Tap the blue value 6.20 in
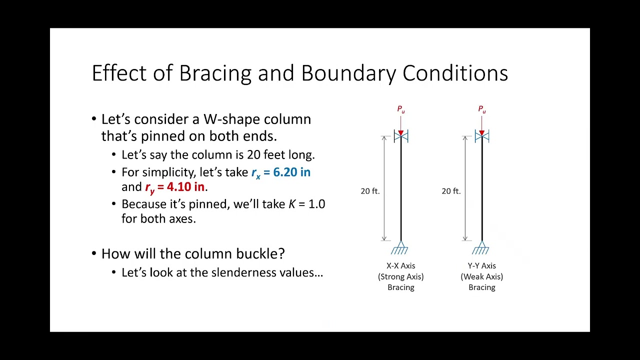tap(291, 172)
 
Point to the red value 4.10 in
tap(185, 187)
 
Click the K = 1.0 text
tap(306, 204)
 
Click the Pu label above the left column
tap(400, 109)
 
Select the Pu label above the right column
tap(481, 109)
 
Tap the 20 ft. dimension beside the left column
tap(370, 191)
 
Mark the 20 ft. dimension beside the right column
tap(451, 191)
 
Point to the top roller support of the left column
tap(400, 136)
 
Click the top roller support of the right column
tap(481, 136)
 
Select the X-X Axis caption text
tap(400, 265)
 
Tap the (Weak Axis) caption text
tap(481, 276)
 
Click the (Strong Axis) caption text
tap(400, 276)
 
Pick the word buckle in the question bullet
tap(262, 253)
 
